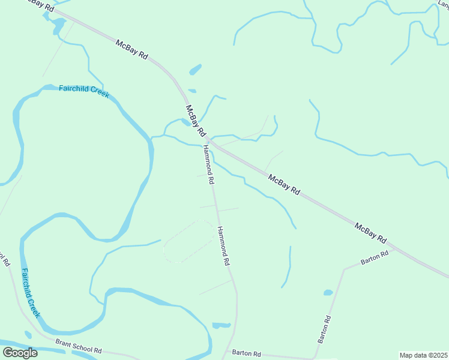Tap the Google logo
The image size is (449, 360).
(20, 353)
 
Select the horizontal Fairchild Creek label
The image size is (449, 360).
(84, 91)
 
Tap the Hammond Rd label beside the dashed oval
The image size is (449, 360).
(223, 246)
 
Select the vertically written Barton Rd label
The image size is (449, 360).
(325, 329)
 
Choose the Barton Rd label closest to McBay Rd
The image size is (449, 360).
(375, 258)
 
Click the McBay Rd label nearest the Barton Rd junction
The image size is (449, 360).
(370, 232)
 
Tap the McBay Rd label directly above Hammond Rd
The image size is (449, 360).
(196, 120)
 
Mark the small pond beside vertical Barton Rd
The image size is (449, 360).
(328, 293)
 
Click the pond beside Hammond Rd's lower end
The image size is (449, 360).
(221, 325)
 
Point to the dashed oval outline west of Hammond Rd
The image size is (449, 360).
(188, 241)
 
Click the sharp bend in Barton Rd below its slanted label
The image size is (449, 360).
(344, 269)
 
